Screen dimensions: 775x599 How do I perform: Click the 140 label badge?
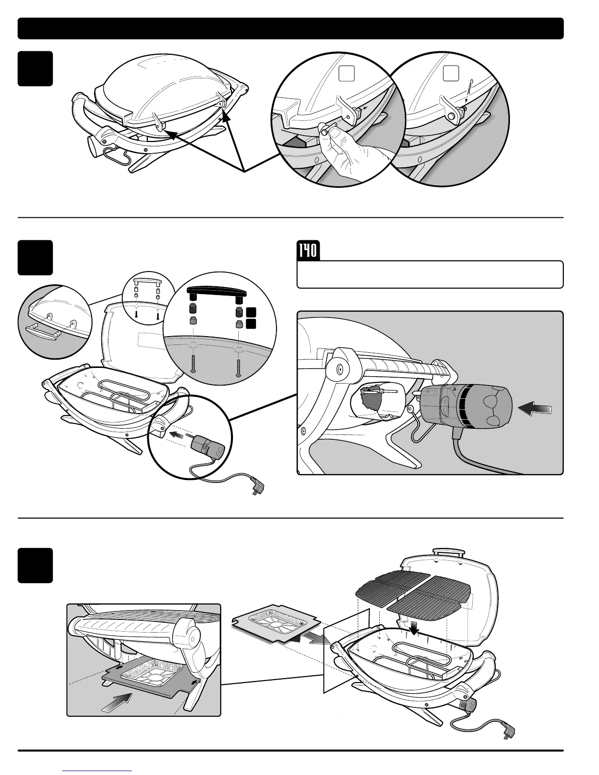[307, 251]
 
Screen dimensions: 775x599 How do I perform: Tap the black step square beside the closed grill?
[35, 68]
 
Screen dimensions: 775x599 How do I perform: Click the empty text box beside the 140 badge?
[430, 274]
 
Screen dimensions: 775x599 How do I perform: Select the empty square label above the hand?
[346, 74]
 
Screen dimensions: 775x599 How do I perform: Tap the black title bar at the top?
[291, 28]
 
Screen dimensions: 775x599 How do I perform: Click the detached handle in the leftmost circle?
[45, 333]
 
